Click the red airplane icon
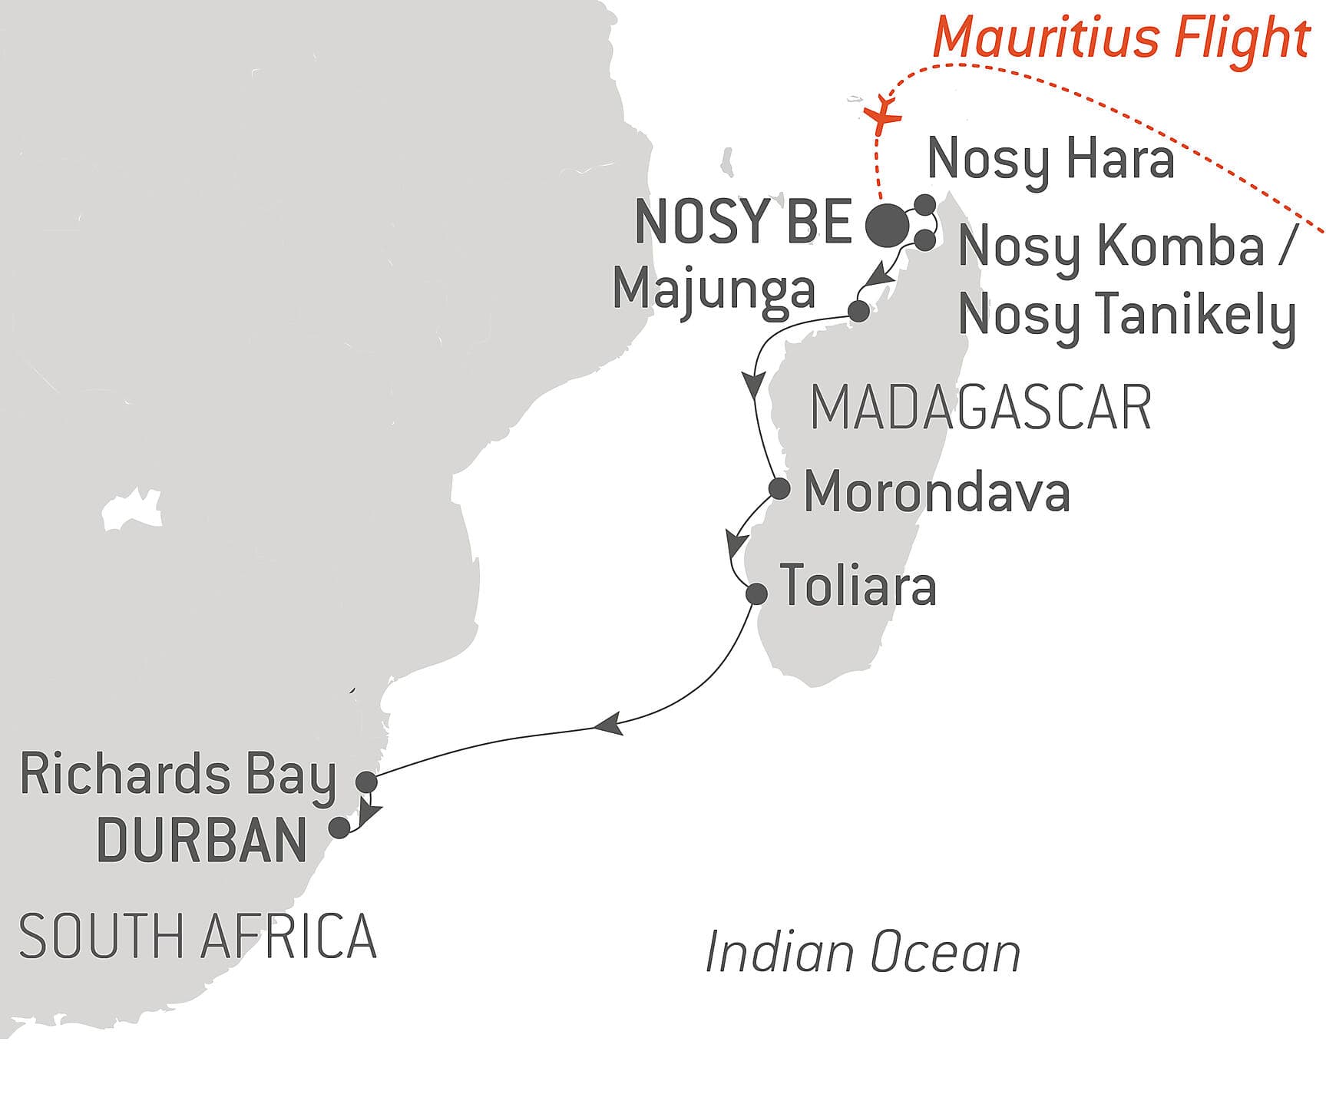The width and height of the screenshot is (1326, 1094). (x=883, y=116)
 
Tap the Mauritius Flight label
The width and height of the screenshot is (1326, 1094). (x=1121, y=38)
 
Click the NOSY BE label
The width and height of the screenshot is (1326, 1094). (x=743, y=223)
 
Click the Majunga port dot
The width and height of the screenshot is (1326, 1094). (x=858, y=311)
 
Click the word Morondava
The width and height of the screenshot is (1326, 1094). (x=937, y=492)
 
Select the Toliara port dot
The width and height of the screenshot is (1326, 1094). (x=756, y=593)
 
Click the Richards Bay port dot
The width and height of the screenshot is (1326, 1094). (x=367, y=782)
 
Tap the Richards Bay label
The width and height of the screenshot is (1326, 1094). (x=177, y=775)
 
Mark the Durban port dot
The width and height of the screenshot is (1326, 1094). (x=339, y=828)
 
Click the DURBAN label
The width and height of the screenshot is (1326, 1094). (x=203, y=841)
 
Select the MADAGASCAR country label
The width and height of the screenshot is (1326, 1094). (x=980, y=408)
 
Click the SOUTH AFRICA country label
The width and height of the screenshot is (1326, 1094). (x=197, y=937)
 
